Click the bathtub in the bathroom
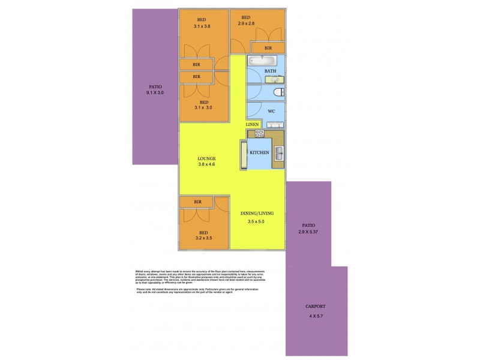pyautogui.click(x=260, y=61)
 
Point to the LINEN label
pyautogui.click(x=253, y=124)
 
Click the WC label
pyautogui.click(x=271, y=112)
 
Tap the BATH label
pyautogui.click(x=271, y=71)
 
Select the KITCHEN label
pyautogui.click(x=259, y=153)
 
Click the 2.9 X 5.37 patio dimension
pyautogui.click(x=308, y=232)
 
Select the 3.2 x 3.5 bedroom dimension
pyautogui.click(x=203, y=238)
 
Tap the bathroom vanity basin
pyautogui.click(x=280, y=79)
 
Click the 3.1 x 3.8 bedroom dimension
pyautogui.click(x=202, y=26)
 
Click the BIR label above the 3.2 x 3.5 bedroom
pyautogui.click(x=197, y=202)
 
